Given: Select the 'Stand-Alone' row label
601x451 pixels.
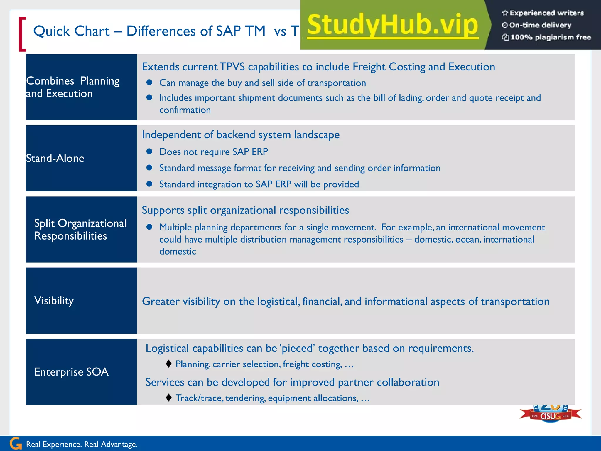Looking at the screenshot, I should (x=55, y=159).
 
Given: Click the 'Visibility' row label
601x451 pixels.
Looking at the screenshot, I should (x=54, y=301).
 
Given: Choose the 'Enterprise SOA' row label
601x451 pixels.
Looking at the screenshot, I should (x=71, y=372).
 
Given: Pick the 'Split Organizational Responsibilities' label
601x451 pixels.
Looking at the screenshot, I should (x=80, y=230).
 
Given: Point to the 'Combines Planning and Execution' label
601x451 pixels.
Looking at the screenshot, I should (x=73, y=87).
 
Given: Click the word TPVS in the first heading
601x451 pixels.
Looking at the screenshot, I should (x=232, y=67).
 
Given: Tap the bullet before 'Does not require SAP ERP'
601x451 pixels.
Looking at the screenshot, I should (x=149, y=152).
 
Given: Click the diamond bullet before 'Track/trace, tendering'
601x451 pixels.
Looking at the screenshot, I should (x=168, y=398).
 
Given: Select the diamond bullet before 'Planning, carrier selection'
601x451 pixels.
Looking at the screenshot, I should (x=168, y=364).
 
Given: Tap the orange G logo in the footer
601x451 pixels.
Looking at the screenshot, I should (x=16, y=444).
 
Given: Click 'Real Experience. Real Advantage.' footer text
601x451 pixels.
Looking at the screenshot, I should (x=82, y=444).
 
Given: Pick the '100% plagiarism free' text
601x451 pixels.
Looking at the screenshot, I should (x=551, y=37).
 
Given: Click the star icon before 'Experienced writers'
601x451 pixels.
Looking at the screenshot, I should (x=505, y=13).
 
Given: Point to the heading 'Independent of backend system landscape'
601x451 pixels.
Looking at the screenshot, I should (x=241, y=135).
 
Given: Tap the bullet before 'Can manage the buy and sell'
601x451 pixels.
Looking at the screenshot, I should (x=149, y=83).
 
